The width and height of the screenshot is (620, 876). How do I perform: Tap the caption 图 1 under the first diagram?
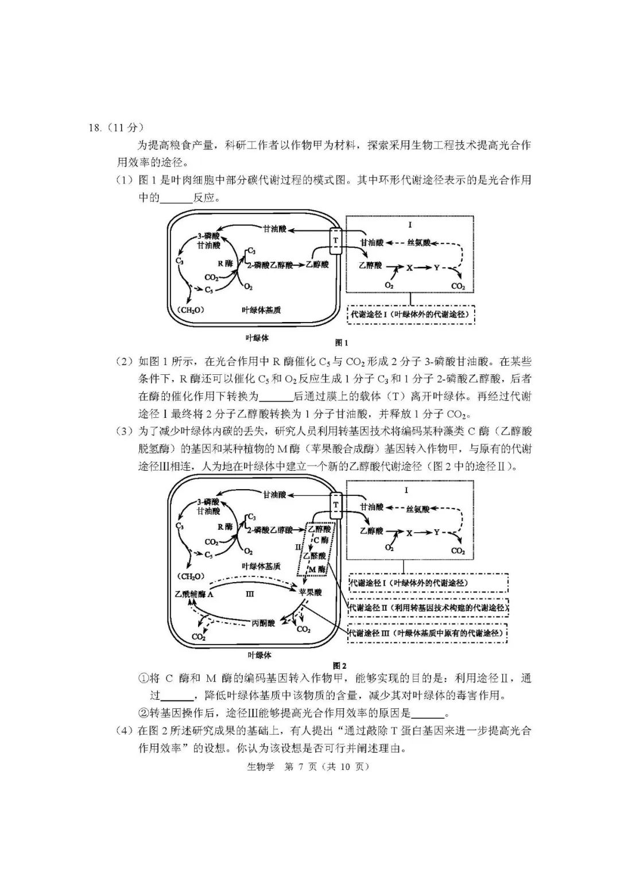[341, 343]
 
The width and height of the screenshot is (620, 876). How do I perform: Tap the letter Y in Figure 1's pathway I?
[437, 268]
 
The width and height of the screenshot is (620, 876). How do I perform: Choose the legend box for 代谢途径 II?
[428, 608]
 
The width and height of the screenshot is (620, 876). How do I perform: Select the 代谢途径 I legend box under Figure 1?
[411, 315]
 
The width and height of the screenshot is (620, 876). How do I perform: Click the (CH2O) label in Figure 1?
[192, 310]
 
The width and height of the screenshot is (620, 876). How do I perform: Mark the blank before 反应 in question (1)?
[176, 199]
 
